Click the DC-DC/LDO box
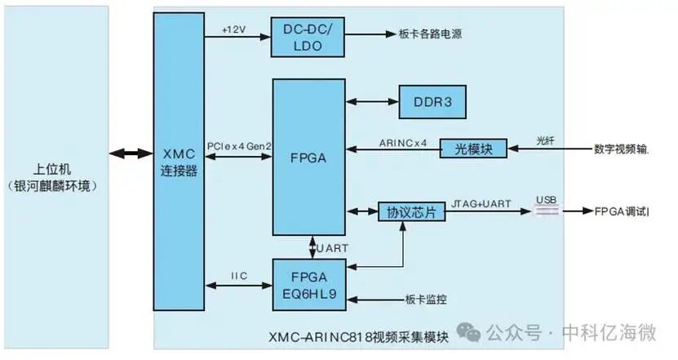point(308,38)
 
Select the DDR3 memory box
point(432,102)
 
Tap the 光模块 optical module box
point(473,149)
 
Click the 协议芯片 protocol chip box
point(412,212)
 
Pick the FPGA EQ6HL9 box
point(309,285)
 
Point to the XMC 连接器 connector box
point(179,162)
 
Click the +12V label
point(233,30)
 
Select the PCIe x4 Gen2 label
point(239,146)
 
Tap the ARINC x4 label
point(403,143)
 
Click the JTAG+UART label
point(481,204)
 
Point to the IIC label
point(239,276)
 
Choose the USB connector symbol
point(547,211)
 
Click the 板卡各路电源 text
point(430,33)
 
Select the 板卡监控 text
point(426,300)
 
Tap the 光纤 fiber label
point(545,141)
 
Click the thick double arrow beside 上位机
point(131,153)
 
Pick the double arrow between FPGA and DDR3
point(372,102)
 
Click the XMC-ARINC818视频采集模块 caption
point(358,337)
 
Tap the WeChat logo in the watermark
point(468,332)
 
